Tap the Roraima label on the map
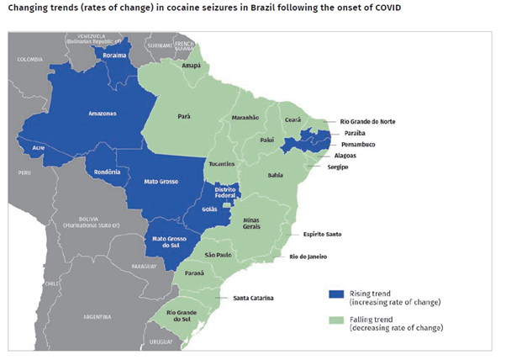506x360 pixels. (x=114, y=56)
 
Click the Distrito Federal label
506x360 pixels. (x=224, y=192)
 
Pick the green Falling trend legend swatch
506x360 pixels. (x=336, y=320)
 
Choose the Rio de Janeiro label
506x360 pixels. (x=309, y=256)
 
